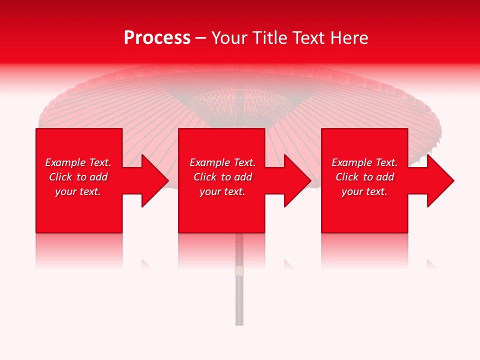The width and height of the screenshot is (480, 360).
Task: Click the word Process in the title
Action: click(157, 38)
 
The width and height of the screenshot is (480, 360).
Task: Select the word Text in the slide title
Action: click(307, 38)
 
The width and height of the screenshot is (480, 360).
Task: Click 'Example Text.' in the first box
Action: click(78, 162)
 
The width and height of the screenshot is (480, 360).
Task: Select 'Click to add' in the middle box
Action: click(222, 177)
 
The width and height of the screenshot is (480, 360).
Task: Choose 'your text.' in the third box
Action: click(364, 191)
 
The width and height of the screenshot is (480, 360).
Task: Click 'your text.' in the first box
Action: click(78, 191)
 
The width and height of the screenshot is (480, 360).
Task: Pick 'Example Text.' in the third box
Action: click(364, 162)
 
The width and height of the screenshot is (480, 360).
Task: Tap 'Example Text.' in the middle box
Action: click(222, 162)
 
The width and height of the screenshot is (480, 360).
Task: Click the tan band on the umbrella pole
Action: click(239, 271)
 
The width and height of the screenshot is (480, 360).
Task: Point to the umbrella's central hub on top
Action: click(240, 102)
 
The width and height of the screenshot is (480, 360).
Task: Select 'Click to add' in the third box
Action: click(364, 177)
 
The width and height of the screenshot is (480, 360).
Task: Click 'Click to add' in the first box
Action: click(78, 177)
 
